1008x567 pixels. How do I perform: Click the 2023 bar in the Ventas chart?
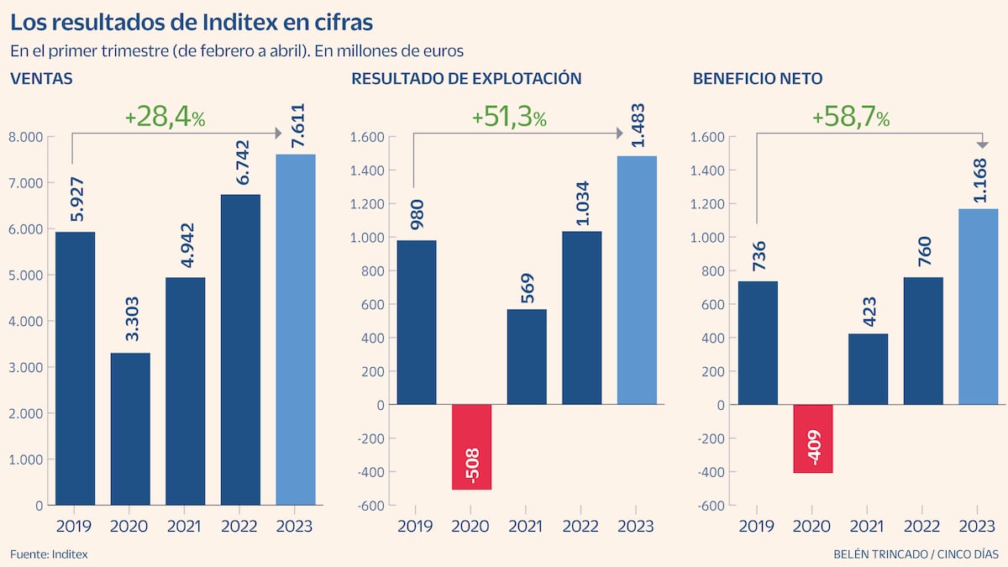(x=296, y=329)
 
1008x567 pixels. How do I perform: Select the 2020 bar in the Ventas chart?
(x=130, y=428)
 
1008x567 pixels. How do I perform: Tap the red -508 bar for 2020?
(x=471, y=447)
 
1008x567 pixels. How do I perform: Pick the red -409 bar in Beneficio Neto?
(x=813, y=438)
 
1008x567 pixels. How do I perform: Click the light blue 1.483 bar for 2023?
(x=637, y=280)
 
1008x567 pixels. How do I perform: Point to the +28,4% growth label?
(x=165, y=118)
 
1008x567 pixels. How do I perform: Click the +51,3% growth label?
(x=509, y=118)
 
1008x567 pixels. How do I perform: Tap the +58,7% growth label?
(x=850, y=118)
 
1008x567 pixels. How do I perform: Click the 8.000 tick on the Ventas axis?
(x=25, y=137)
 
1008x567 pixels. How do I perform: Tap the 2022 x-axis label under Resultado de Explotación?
(x=581, y=527)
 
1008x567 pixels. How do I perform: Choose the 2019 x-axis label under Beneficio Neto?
(x=758, y=527)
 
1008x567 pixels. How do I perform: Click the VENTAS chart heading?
(x=41, y=79)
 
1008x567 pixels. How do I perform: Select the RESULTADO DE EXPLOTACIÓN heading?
(x=466, y=79)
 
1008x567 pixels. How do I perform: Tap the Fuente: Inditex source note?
(x=49, y=554)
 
